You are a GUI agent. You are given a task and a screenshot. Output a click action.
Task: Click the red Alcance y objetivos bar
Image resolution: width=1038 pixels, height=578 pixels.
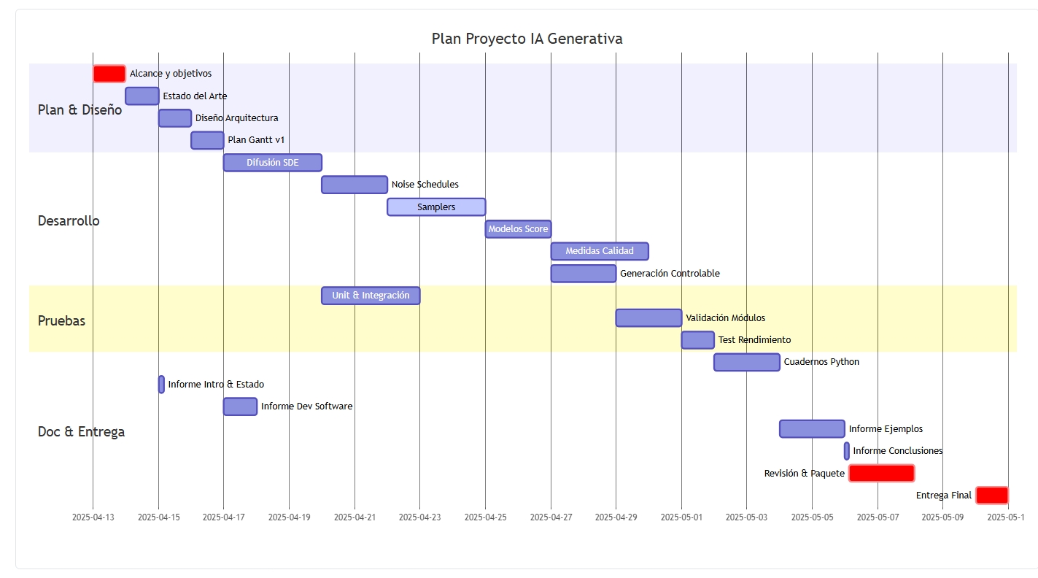tap(109, 74)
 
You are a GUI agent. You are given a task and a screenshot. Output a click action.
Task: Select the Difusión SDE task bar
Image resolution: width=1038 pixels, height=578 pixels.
tap(273, 163)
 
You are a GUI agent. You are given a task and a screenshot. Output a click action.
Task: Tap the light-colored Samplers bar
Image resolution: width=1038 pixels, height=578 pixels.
tap(436, 207)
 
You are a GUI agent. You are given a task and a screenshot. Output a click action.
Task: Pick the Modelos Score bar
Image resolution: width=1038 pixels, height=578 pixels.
tap(518, 229)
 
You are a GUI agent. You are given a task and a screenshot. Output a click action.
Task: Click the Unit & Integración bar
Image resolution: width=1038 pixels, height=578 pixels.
tap(371, 296)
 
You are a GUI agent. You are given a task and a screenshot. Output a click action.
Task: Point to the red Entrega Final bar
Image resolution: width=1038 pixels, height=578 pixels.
tap(991, 495)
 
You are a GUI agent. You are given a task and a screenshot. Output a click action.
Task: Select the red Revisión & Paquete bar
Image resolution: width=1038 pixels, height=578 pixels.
tap(881, 473)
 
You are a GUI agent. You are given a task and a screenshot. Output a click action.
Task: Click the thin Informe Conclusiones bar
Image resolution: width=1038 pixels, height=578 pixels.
tap(847, 451)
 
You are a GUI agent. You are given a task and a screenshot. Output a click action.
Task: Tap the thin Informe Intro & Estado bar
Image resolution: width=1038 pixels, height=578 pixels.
tap(161, 385)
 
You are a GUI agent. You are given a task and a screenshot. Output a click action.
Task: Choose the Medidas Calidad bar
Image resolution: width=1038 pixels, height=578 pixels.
tap(600, 251)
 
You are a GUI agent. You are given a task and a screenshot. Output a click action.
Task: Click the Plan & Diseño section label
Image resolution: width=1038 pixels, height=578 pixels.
tap(80, 110)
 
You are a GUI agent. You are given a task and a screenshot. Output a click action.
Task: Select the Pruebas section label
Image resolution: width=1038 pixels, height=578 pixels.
tap(61, 321)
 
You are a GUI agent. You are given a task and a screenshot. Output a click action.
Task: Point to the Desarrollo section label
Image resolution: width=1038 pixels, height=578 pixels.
tap(69, 220)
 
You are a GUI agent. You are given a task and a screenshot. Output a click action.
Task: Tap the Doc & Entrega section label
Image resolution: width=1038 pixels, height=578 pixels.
tap(81, 431)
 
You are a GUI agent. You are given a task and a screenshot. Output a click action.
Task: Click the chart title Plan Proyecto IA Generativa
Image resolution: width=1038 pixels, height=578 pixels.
tap(527, 39)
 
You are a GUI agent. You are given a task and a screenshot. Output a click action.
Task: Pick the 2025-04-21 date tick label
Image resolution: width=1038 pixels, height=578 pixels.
tap(355, 517)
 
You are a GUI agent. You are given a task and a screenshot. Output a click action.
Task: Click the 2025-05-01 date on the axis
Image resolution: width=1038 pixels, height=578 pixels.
tap(681, 517)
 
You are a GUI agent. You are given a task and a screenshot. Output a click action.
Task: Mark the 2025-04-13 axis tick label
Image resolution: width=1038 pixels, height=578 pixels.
tap(93, 517)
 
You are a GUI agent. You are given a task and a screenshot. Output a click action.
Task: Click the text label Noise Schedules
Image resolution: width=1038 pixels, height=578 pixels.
tap(425, 185)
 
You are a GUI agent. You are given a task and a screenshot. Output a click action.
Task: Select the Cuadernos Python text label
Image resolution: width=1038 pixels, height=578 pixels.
tap(821, 362)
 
